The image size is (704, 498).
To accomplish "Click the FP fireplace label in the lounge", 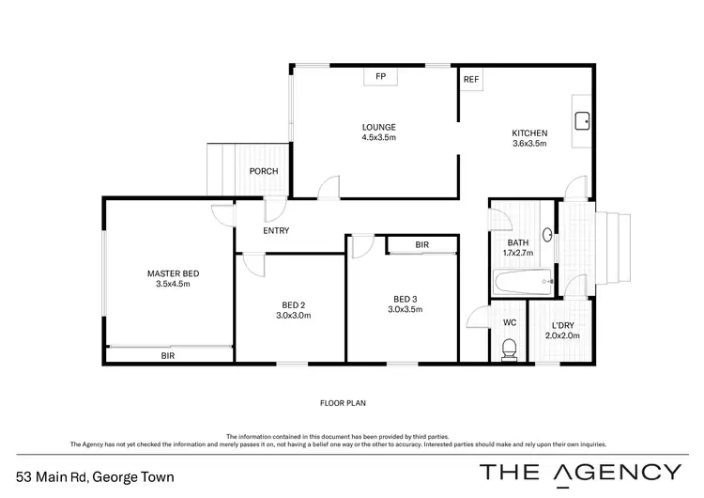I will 380,76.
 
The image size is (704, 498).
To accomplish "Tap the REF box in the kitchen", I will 471,79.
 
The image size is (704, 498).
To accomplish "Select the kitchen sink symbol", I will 581,120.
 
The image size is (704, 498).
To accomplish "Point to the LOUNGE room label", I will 379,128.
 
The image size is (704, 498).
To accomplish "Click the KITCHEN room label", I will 529,132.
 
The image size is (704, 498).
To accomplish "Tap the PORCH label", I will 261,171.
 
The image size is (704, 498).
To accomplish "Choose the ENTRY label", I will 276,230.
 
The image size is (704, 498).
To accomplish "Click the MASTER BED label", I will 173,273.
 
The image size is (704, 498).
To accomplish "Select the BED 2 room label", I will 293,304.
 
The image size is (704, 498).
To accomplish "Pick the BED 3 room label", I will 405,300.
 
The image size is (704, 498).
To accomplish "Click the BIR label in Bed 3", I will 421,245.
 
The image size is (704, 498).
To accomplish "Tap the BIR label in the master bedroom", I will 167,356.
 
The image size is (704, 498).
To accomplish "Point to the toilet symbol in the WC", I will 509,349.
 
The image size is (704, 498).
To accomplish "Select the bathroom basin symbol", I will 545,238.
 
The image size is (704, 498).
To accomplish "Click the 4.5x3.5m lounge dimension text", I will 379,138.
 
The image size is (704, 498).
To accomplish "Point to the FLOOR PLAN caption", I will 343,403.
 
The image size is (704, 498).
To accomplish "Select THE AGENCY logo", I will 581,472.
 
